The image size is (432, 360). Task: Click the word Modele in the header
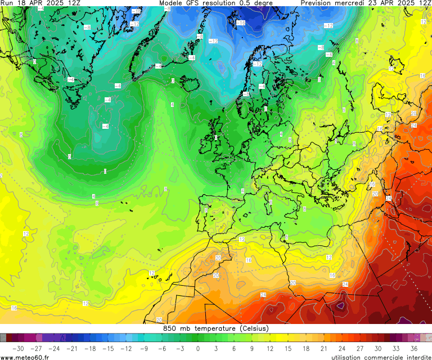(x=173, y=3)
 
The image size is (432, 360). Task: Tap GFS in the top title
(x=199, y=3)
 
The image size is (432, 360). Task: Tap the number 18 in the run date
(x=22, y=3)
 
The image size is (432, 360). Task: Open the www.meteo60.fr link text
(x=25, y=357)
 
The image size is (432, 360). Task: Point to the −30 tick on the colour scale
(x=17, y=348)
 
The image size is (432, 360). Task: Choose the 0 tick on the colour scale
(x=197, y=348)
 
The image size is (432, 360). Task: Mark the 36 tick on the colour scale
(x=414, y=348)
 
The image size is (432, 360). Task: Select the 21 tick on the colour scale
(x=324, y=348)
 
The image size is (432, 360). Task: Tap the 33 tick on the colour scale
(x=396, y=348)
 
